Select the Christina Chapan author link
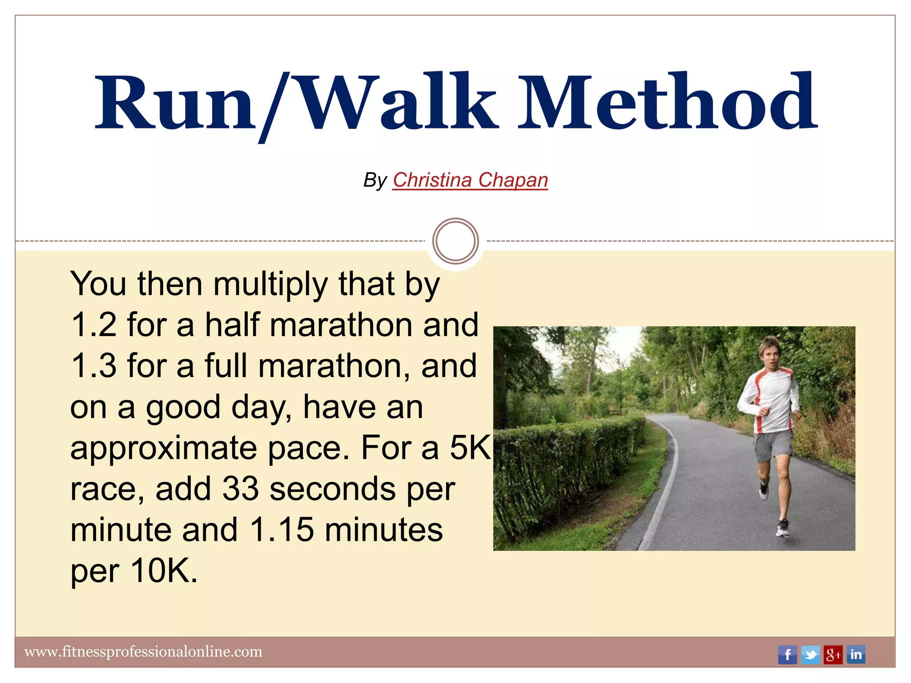[470, 180]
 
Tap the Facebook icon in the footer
[787, 655]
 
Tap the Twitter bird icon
[810, 655]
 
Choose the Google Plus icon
[833, 655]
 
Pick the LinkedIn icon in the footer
[856, 655]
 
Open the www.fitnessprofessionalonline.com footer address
[143, 652]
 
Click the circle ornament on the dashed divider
[455, 241]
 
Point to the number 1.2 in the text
[93, 325]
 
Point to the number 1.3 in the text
[93, 366]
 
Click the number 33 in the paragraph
[240, 489]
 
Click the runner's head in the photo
[770, 351]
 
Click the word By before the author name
[375, 181]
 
